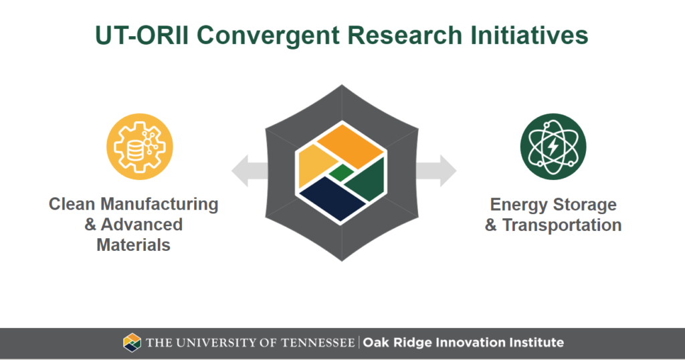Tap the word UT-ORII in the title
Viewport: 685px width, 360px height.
(142, 35)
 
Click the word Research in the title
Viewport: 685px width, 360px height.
(405, 35)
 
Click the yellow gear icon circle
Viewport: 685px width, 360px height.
(140, 147)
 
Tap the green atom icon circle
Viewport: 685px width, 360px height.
(553, 147)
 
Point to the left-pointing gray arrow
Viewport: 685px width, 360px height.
(250, 171)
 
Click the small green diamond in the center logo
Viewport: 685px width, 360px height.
(341, 173)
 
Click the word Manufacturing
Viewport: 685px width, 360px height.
(159, 204)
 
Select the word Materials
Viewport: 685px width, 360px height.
(133, 245)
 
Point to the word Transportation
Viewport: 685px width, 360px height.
(562, 225)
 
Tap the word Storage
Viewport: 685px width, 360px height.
(585, 205)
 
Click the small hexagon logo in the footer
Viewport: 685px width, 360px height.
(132, 343)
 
